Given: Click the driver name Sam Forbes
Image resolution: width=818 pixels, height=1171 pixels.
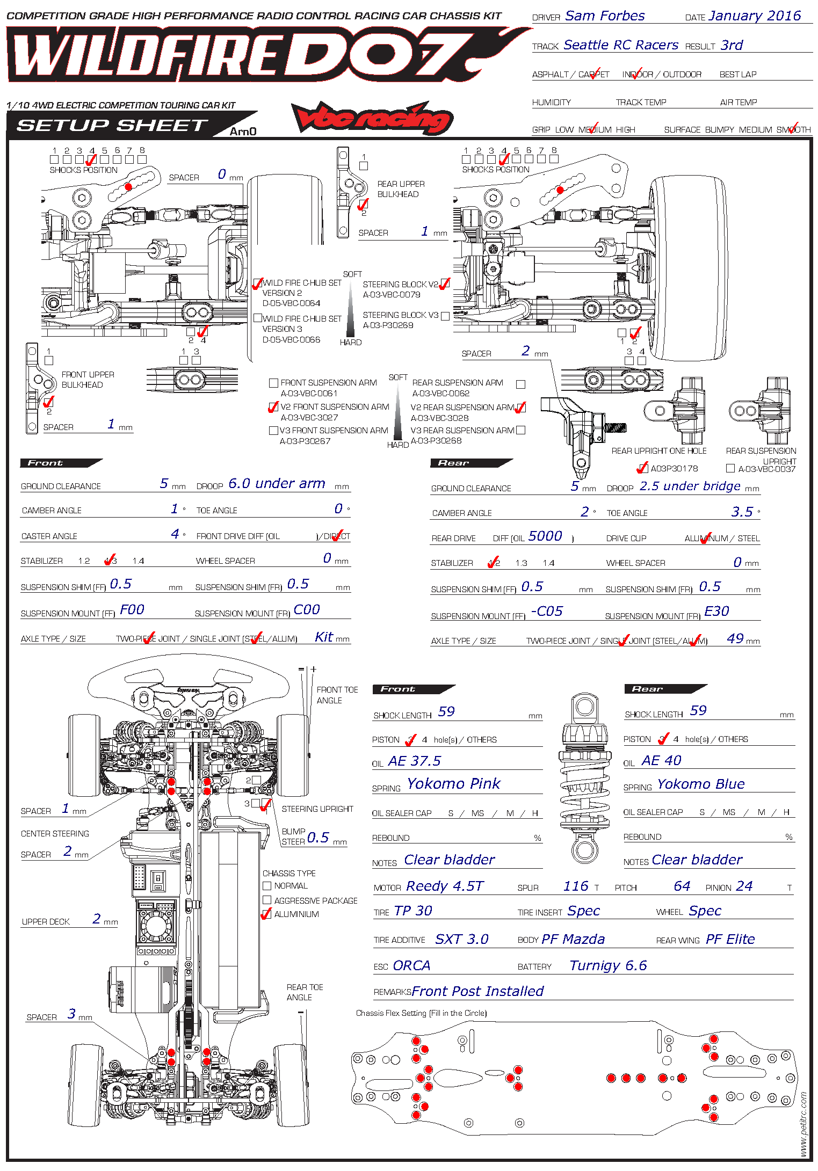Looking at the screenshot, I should click(x=604, y=16).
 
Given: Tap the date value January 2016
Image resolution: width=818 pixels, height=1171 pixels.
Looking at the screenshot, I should click(x=755, y=16).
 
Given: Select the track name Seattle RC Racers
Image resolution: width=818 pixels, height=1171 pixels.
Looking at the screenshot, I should click(x=621, y=45).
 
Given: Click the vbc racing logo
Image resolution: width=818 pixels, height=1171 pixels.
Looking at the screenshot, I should click(x=373, y=118).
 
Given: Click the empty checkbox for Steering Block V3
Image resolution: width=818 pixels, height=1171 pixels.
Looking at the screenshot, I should click(x=445, y=316).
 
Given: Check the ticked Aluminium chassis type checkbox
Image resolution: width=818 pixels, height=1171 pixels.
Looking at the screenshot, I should click(x=266, y=914).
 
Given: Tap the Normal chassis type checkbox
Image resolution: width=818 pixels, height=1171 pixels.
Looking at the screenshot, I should click(x=267, y=885).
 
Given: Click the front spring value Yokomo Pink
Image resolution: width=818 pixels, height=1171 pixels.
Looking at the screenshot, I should click(x=453, y=784).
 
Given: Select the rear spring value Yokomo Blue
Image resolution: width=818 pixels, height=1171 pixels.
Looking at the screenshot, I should click(x=701, y=784).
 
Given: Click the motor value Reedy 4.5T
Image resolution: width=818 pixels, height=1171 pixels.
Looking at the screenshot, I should click(x=445, y=886).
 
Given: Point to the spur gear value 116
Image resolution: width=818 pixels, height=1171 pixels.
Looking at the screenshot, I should click(x=576, y=886).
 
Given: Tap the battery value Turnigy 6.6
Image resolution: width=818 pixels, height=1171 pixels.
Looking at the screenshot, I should click(x=608, y=965).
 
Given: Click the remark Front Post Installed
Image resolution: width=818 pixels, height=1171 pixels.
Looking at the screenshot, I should click(x=477, y=991).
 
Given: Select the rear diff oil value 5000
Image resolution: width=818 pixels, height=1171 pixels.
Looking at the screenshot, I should click(x=545, y=536).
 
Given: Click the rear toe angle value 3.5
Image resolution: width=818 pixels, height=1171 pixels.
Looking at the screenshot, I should click(x=742, y=512).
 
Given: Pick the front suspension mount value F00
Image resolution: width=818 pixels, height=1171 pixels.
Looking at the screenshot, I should click(x=132, y=609).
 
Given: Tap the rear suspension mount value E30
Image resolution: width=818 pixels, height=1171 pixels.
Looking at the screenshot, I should click(x=716, y=611).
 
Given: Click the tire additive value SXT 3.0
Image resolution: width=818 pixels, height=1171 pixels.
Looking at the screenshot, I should click(x=461, y=939).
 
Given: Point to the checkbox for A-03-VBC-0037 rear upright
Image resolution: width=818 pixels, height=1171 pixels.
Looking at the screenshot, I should click(x=730, y=468).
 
